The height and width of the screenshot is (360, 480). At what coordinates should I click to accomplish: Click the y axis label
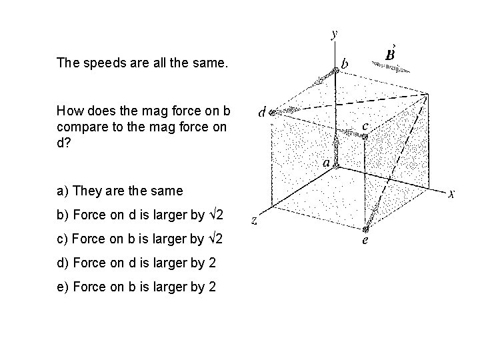334,33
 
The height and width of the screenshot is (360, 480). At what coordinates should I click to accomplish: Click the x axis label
451,194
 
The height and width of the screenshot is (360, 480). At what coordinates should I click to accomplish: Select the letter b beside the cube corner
344,64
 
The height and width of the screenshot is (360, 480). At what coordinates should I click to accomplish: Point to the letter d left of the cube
263,113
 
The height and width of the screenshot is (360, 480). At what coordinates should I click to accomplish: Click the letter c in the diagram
365,125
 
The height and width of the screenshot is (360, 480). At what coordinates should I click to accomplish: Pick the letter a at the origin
326,162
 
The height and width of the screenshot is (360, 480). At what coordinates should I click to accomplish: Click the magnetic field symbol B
392,53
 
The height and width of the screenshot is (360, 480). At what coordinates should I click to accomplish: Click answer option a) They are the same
119,191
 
